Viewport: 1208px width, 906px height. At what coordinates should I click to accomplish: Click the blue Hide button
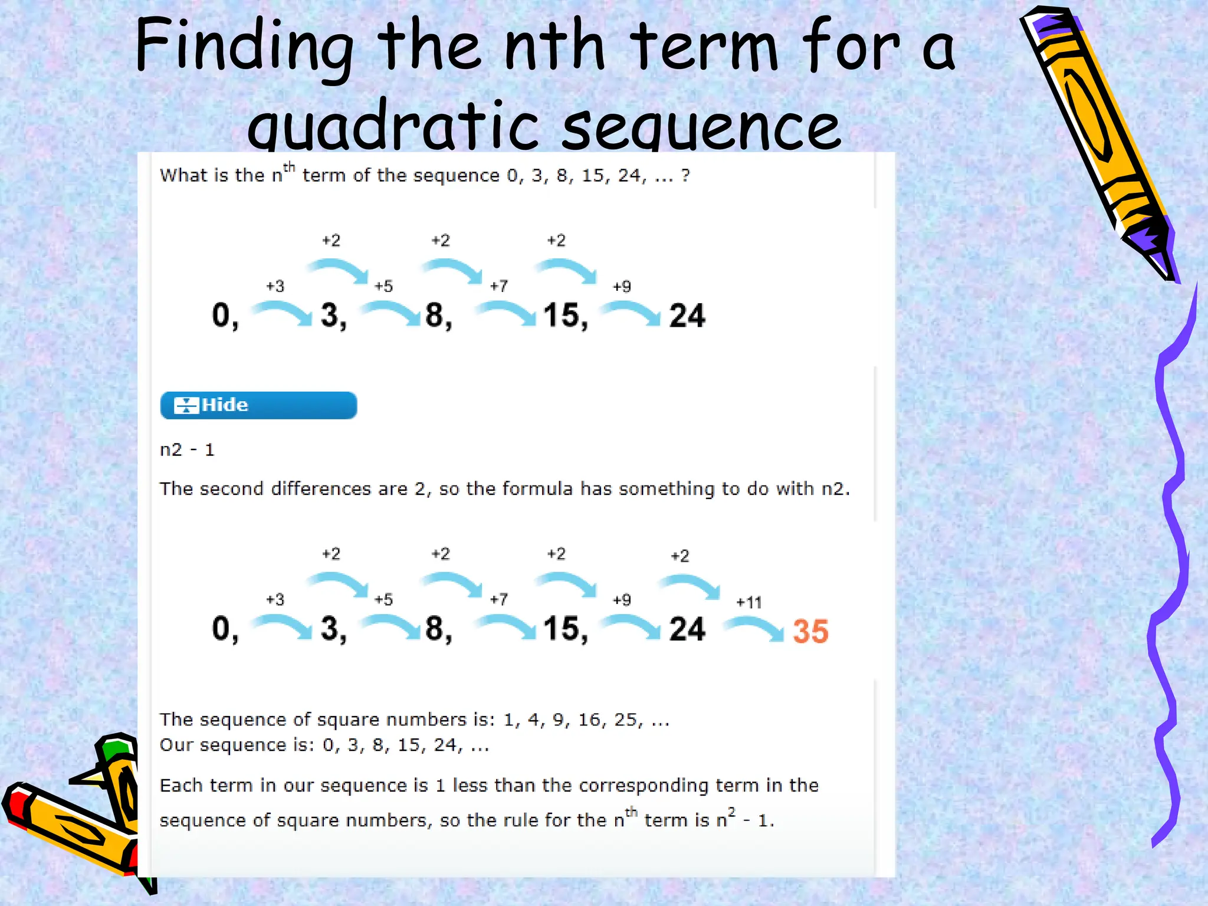click(258, 405)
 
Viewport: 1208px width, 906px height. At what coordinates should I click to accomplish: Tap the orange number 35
click(810, 631)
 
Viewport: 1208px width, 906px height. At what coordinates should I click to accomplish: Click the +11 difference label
click(749, 603)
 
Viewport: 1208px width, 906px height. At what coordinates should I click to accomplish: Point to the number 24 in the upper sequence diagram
click(687, 316)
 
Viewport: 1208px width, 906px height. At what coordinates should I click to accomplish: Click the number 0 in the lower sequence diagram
click(222, 629)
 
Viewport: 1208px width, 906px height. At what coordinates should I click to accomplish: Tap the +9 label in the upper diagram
click(622, 287)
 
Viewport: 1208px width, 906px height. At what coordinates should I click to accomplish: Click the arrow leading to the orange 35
click(754, 628)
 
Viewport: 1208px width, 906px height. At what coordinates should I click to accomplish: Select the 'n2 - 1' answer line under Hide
click(187, 450)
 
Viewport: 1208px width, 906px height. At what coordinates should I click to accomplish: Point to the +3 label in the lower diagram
click(275, 600)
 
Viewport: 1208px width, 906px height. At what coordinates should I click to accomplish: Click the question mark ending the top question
click(685, 175)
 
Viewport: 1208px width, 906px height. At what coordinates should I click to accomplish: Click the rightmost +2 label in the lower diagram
click(679, 556)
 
